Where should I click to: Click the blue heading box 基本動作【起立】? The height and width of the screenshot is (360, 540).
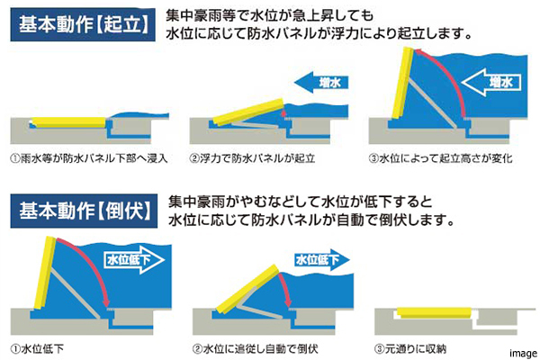tap(83, 24)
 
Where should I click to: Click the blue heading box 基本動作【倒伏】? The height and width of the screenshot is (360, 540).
tap(84, 211)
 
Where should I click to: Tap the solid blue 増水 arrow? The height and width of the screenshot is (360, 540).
tap(321, 83)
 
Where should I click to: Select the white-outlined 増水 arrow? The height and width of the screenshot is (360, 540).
tap(490, 82)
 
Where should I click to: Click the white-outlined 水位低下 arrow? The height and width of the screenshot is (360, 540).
tap(134, 260)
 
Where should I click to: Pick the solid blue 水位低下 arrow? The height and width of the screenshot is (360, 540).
tap(322, 260)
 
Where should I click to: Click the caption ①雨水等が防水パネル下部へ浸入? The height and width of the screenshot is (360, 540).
tap(89, 158)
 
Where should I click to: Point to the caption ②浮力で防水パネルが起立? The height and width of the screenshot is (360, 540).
tap(252, 158)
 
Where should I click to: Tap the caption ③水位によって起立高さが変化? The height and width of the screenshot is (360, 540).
tap(440, 158)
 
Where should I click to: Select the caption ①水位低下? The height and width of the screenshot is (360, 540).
tap(37, 349)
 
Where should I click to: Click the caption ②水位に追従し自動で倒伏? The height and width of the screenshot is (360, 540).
tap(256, 349)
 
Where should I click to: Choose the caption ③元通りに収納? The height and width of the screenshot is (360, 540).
tap(410, 349)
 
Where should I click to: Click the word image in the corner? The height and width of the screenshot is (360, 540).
tap(524, 354)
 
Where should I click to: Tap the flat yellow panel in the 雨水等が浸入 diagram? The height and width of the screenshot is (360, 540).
tap(69, 122)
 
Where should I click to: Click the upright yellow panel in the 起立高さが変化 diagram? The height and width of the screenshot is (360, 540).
tap(403, 83)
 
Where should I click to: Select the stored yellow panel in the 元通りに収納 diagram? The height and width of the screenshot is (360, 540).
tap(435, 312)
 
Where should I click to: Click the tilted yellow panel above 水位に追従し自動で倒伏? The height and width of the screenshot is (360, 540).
tap(247, 289)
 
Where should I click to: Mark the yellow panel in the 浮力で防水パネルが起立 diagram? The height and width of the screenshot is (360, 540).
tap(248, 112)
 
